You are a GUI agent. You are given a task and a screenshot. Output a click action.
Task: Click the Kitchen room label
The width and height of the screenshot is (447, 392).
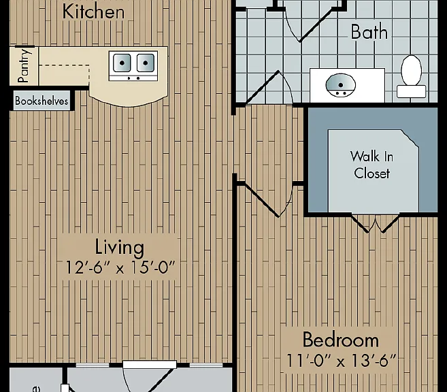tap(93, 12)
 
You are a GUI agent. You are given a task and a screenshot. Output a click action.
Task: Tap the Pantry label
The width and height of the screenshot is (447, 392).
tap(24, 65)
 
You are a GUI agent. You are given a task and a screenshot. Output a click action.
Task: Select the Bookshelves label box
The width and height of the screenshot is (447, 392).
tap(42, 101)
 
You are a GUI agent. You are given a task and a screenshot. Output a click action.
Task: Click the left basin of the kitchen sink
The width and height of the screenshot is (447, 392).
tap(122, 63)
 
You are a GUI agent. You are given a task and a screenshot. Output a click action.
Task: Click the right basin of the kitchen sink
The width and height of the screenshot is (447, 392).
tap(146, 63)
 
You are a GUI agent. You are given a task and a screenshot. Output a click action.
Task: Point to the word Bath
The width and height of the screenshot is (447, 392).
tap(369, 32)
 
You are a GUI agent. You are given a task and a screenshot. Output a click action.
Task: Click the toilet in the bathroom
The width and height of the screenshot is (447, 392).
tap(411, 76)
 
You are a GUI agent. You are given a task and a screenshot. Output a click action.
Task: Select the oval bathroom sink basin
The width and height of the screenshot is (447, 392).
tap(340, 85)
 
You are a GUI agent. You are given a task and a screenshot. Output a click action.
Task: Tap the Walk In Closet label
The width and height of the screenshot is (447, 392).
tap(371, 165)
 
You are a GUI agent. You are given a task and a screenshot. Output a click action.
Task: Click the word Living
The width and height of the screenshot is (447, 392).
tap(120, 247)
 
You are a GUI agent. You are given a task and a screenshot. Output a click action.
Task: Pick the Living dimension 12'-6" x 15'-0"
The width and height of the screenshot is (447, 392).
tap(120, 267)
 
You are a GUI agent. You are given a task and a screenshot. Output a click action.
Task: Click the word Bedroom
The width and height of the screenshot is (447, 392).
tap(341, 340)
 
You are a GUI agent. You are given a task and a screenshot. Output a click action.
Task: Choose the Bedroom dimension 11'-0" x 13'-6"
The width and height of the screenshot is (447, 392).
tap(341, 360)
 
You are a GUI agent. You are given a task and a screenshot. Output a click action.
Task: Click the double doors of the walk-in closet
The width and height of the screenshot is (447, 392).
tap(375, 223)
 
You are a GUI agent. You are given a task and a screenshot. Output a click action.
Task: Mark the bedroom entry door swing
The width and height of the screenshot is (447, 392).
tap(268, 199)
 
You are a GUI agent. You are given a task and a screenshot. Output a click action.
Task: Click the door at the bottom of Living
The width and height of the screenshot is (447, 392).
tap(148, 376)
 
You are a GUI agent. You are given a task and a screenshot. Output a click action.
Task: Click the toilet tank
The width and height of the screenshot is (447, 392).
tap(411, 91)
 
